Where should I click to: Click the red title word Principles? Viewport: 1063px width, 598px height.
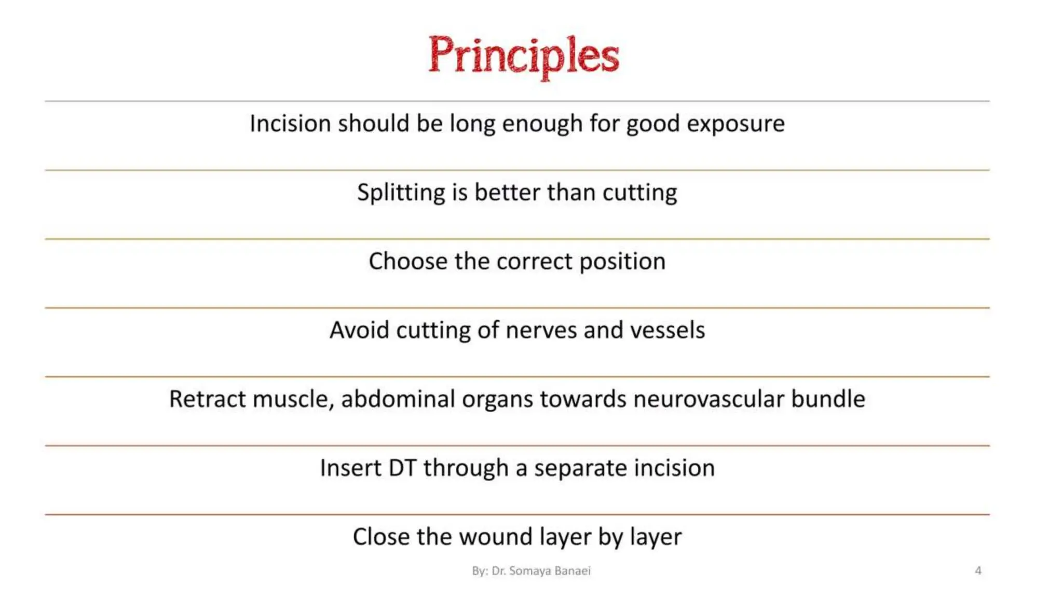coord(523,56)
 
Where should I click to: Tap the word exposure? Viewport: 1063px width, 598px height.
coord(735,124)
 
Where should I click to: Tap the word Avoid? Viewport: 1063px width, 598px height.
coord(359,330)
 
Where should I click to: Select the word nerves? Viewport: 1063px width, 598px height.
coord(541,330)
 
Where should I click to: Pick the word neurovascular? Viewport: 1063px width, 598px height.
coord(708,399)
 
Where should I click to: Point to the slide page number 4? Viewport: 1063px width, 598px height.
coord(978,570)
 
